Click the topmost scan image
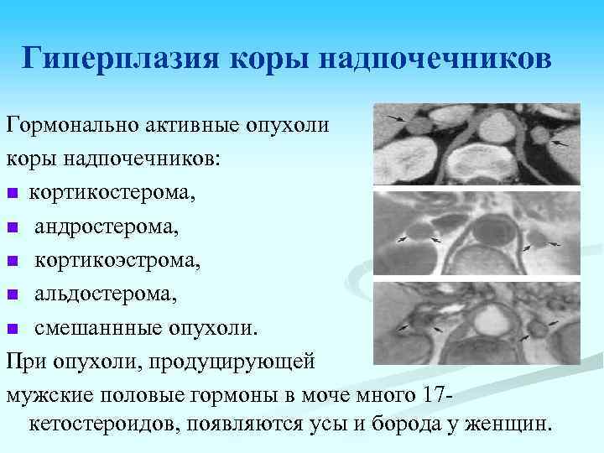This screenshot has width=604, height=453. pos(475,144)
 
